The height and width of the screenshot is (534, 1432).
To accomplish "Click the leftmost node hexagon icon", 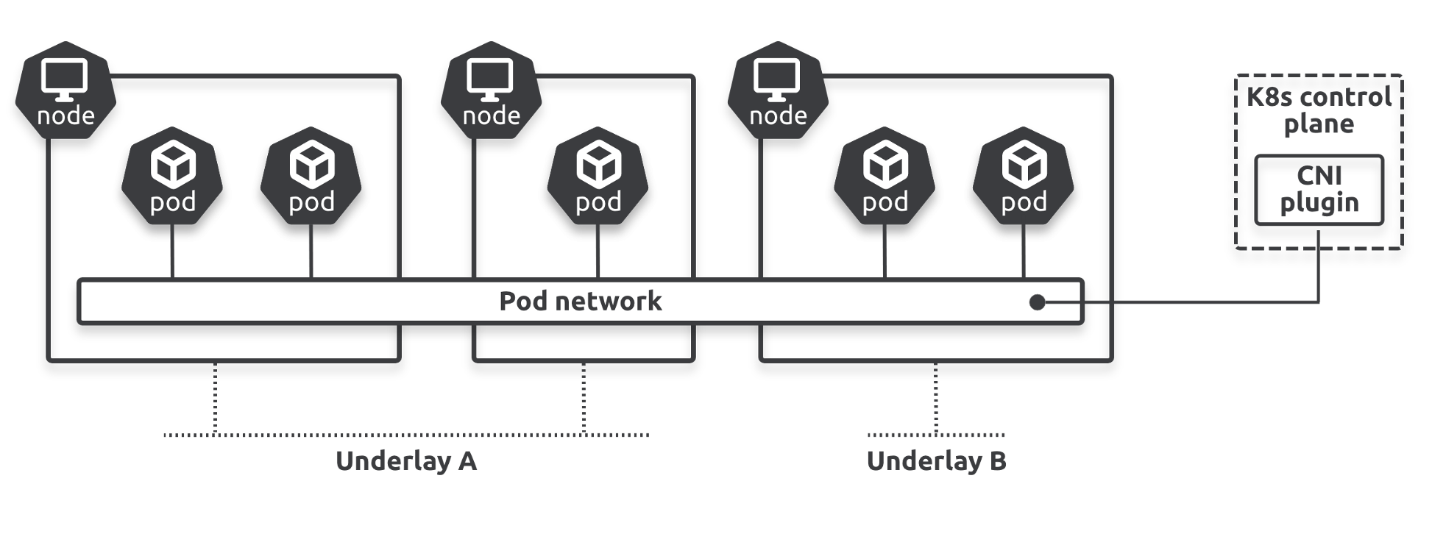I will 65,91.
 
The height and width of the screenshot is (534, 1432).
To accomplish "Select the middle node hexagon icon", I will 491,91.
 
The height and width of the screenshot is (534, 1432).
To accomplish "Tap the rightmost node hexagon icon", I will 778,91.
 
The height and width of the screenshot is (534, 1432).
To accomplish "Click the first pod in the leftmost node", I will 172,177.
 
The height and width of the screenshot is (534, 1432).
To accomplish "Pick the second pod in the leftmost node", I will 311,177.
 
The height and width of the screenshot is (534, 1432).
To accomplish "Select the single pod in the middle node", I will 598,177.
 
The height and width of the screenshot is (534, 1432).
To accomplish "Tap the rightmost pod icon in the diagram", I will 1024,177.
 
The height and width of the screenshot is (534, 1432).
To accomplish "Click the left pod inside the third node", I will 885,177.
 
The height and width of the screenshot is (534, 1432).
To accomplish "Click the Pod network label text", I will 580,301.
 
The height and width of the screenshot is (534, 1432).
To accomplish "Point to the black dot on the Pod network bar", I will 1038,302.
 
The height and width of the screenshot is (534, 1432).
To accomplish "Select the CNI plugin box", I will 1319,190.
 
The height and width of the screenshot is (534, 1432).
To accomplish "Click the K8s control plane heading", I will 1319,110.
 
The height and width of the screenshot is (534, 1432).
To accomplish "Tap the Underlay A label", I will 406,461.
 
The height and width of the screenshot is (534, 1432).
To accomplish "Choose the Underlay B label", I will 936,461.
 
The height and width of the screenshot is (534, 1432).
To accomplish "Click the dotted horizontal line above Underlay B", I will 905,435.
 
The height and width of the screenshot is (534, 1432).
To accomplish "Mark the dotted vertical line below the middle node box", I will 584,397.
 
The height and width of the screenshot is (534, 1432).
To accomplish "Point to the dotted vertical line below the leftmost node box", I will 215,397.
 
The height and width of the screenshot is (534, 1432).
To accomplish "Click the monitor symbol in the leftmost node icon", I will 65,79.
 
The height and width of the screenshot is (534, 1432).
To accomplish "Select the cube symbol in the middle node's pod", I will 598,165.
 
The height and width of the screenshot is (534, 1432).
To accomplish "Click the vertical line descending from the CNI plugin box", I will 1319,265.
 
